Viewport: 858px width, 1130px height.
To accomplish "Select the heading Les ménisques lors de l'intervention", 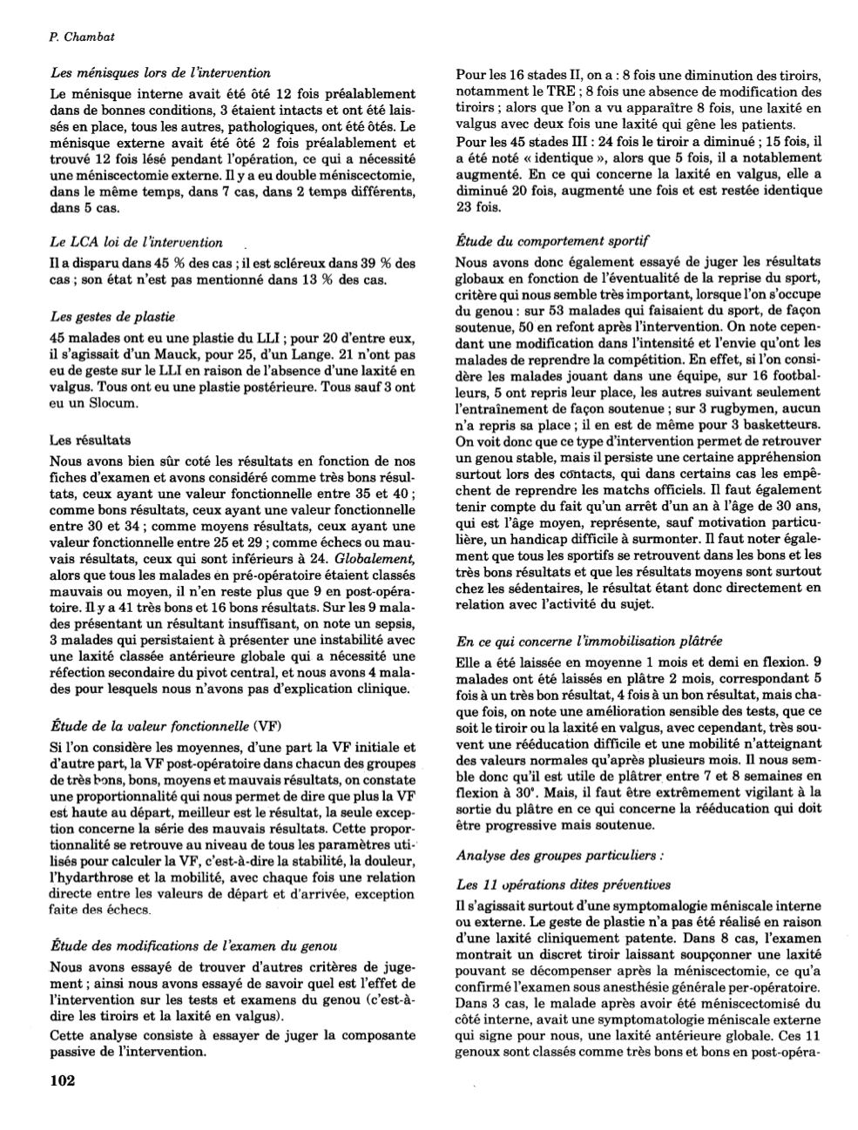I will coord(160,73).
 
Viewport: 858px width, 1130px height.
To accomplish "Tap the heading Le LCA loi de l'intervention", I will coord(137,243).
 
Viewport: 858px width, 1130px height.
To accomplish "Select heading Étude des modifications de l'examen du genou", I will coord(193,945).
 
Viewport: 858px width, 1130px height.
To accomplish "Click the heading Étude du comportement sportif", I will coord(553,239).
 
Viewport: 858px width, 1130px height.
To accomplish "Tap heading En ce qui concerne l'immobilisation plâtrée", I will coord(590,642).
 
